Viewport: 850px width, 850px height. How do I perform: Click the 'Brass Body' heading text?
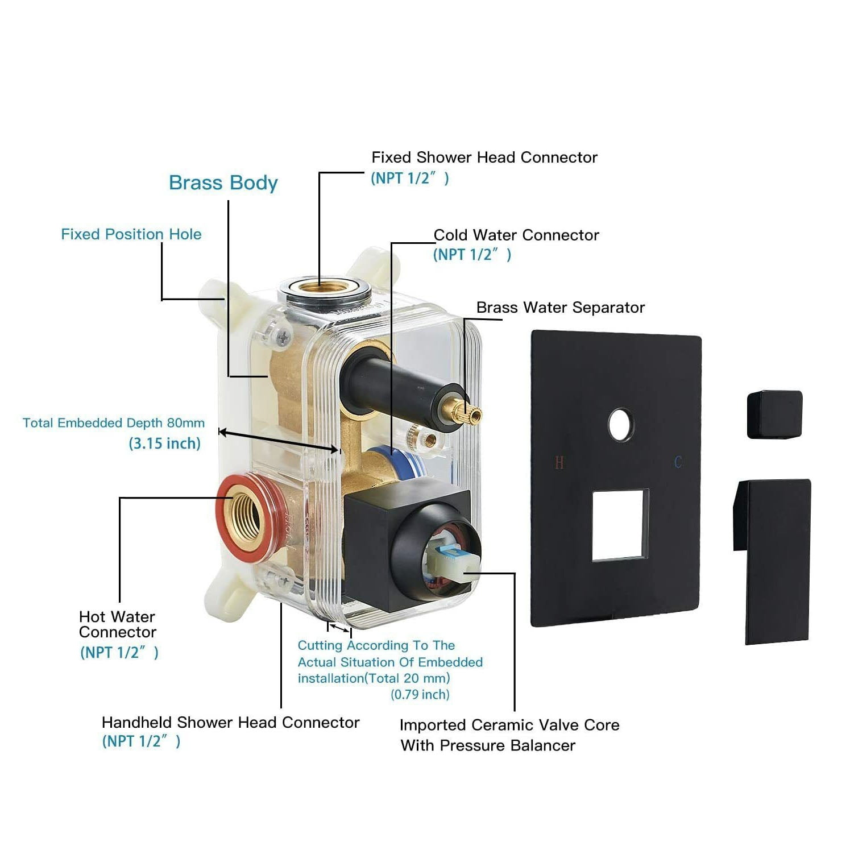click(223, 183)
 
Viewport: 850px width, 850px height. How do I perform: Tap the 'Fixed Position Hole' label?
click(131, 234)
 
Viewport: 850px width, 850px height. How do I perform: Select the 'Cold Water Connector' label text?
click(516, 235)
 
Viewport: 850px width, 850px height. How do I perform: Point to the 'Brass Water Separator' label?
click(560, 308)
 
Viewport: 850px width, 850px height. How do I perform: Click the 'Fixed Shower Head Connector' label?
click(484, 157)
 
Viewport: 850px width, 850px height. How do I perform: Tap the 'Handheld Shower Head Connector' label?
click(230, 722)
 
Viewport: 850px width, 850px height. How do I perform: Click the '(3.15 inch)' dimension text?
click(165, 443)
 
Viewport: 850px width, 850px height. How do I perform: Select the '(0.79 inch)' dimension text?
click(420, 694)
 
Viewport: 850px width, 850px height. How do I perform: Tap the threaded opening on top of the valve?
click(324, 287)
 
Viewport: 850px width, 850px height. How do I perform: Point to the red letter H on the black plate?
click(559, 463)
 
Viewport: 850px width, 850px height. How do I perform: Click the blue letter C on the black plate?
click(678, 462)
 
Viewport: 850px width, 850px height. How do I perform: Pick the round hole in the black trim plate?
click(621, 424)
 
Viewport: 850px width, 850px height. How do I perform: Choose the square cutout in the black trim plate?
click(620, 525)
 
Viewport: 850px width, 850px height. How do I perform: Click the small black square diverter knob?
click(774, 414)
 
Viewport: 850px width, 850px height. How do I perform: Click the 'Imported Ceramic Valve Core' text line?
click(509, 725)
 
